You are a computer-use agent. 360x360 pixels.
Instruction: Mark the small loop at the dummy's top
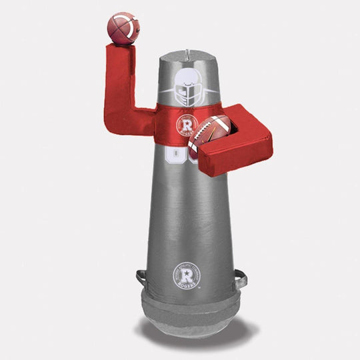click(x=191, y=49)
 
